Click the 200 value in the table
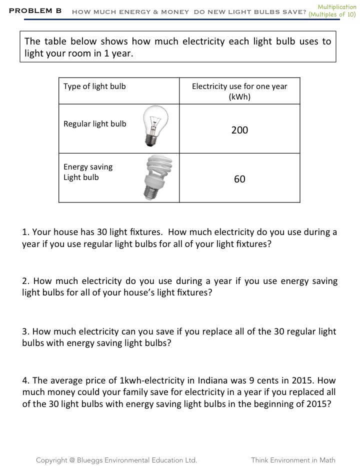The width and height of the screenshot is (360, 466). pos(239,130)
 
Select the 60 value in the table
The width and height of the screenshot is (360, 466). pos(239,179)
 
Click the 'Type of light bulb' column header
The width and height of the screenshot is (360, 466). pos(94,86)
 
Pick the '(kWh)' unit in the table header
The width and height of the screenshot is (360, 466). pos(239,97)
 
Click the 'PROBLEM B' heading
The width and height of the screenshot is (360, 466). pos(35,10)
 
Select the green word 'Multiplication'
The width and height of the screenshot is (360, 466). pos(337,7)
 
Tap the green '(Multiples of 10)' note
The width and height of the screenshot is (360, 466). pos(332,14)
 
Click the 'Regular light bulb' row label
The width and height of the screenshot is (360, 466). pos(95,124)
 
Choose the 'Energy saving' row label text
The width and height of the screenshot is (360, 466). pos(88,167)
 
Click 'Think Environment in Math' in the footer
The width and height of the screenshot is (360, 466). pos(293,460)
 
